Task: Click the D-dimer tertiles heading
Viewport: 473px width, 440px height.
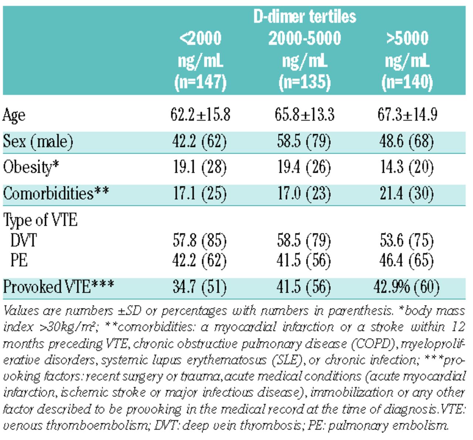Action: [304, 17]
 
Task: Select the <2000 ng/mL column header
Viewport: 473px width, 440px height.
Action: [200, 60]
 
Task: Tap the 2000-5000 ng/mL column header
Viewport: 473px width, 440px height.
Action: [304, 60]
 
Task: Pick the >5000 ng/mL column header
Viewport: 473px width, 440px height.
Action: [407, 60]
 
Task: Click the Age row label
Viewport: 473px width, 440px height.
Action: [14, 115]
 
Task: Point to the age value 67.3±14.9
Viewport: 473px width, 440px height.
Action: [407, 114]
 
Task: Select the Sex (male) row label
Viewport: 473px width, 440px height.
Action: [38, 141]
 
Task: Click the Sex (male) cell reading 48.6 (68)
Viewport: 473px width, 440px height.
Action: [406, 141]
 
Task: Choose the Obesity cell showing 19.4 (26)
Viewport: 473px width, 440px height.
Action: [304, 167]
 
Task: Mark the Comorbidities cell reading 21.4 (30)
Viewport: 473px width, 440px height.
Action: [406, 194]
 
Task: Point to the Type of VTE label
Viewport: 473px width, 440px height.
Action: [40, 220]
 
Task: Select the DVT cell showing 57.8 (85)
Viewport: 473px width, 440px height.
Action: [200, 241]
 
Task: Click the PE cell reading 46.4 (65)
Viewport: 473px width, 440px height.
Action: [406, 260]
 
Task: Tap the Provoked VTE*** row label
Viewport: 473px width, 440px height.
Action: [58, 287]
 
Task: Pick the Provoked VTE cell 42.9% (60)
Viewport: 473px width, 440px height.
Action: [406, 287]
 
